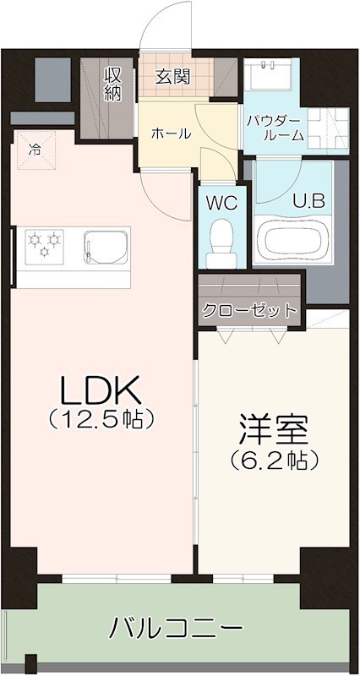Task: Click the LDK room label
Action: pyautogui.click(x=101, y=390)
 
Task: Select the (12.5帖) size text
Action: pyautogui.click(x=101, y=418)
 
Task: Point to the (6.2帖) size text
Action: pyautogui.click(x=274, y=461)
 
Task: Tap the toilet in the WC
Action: pyautogui.click(x=221, y=244)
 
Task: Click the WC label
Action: pyautogui.click(x=221, y=204)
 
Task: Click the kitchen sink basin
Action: pyautogui.click(x=106, y=247)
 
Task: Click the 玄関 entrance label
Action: pyautogui.click(x=172, y=77)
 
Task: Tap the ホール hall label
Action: pyautogui.click(x=172, y=134)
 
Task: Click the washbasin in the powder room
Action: pyautogui.click(x=268, y=74)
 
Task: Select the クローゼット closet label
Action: pyautogui.click(x=250, y=309)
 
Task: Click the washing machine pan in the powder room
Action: pyautogui.click(x=328, y=128)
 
